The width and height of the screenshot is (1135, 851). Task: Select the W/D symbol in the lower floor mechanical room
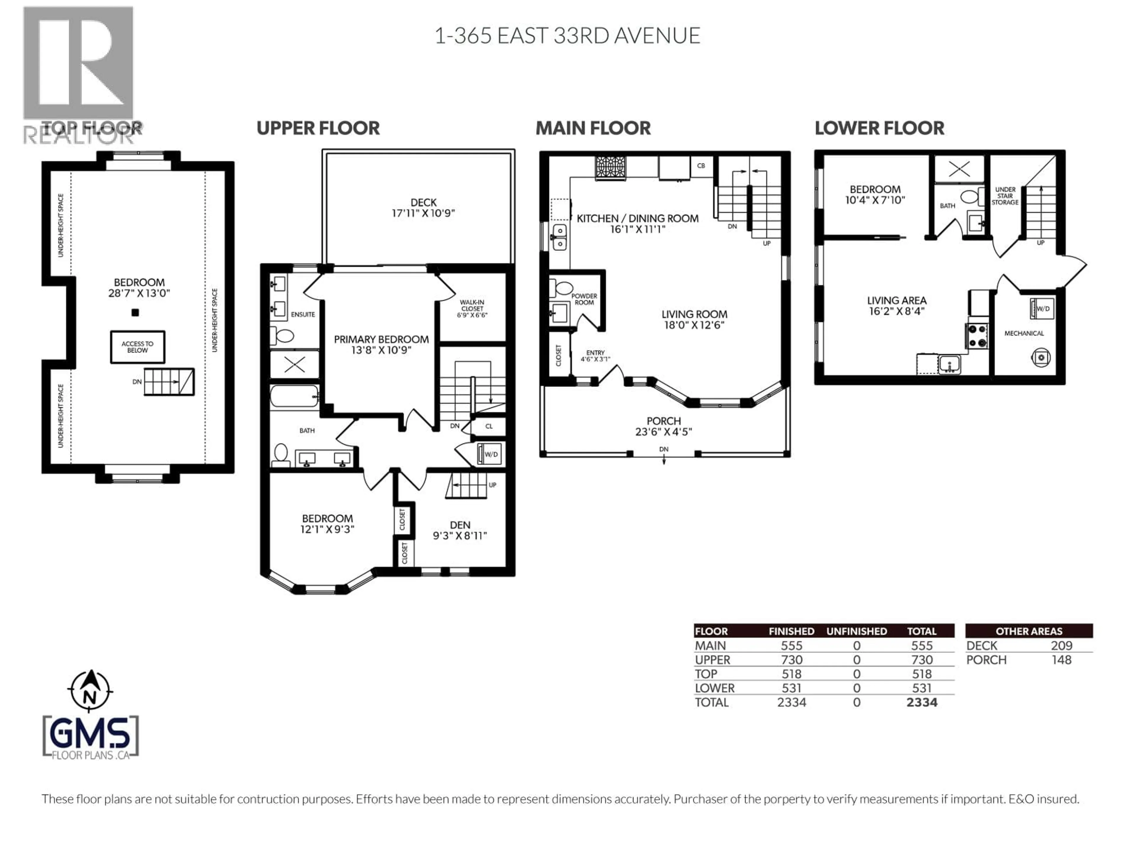click(1041, 309)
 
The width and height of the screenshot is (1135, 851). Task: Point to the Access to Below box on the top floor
click(137, 347)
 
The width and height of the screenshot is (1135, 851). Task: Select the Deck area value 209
click(1061, 645)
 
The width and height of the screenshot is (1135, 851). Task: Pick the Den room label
click(460, 530)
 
